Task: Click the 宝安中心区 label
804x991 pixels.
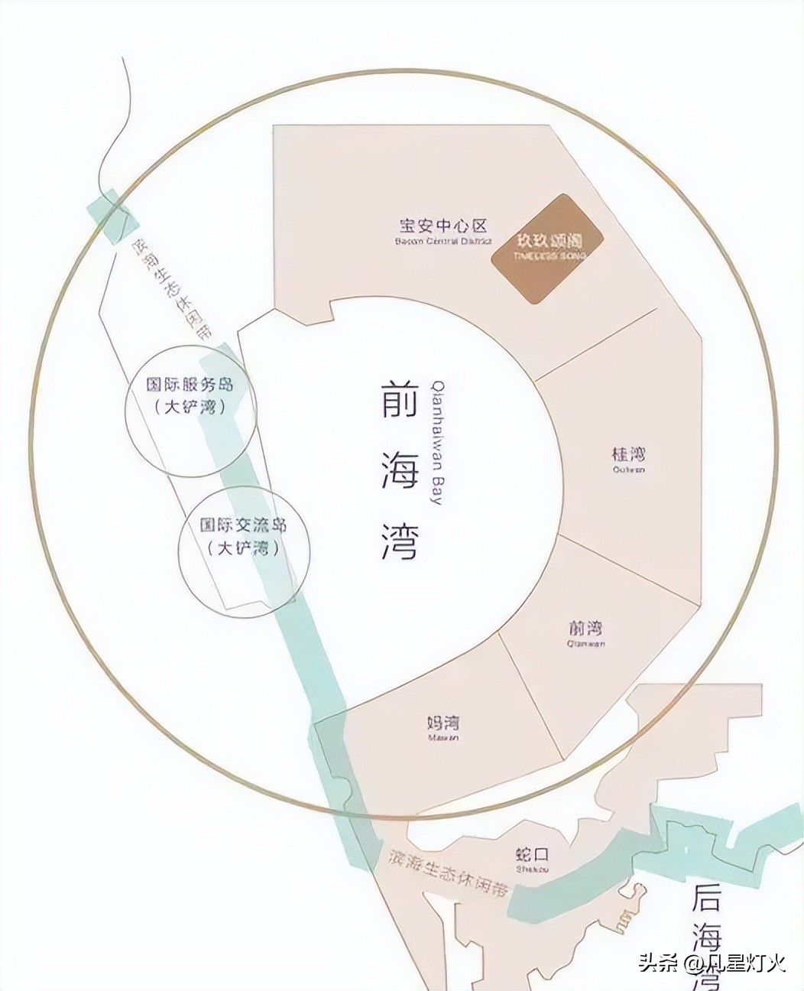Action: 443,226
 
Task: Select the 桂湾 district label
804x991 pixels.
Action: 628,453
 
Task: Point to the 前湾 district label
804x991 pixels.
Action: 586,629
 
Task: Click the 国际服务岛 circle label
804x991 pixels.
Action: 190,385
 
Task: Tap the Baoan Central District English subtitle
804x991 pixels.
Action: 443,242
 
